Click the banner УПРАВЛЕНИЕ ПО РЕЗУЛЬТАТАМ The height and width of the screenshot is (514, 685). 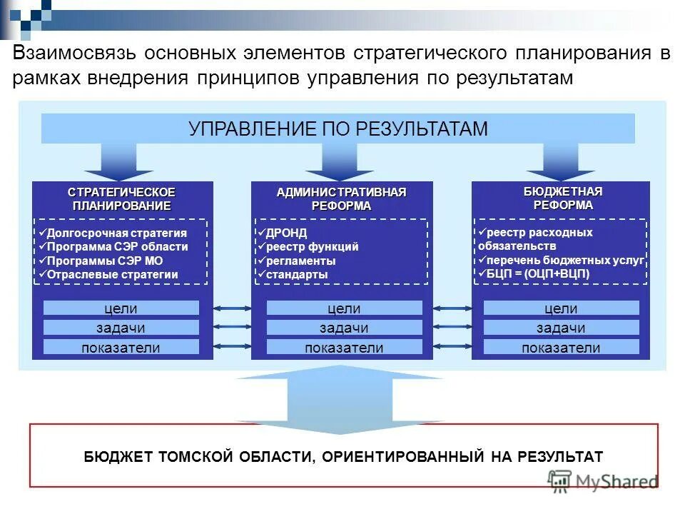pyautogui.click(x=338, y=128)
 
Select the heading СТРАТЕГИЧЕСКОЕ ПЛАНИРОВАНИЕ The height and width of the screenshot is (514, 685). pyautogui.click(x=121, y=199)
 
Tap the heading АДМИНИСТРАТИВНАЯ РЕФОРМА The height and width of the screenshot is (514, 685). pyautogui.click(x=341, y=199)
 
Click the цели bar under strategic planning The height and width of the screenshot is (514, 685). pyautogui.click(x=121, y=308)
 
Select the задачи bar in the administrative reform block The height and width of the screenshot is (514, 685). pyautogui.click(x=344, y=328)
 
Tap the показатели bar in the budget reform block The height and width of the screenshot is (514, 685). pyautogui.click(x=561, y=348)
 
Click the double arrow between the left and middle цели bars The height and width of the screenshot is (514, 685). pyautogui.click(x=232, y=308)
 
